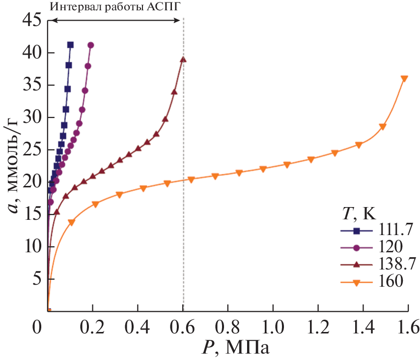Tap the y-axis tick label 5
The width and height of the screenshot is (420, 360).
point(36,279)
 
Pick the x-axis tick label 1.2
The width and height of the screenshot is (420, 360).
point(318,326)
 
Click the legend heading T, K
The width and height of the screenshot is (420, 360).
point(358,213)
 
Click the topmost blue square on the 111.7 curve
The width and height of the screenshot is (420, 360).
point(70,45)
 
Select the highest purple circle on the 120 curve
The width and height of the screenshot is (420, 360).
point(90,45)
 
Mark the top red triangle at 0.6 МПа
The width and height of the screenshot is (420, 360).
point(183,60)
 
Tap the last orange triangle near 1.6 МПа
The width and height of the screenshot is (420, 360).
point(404,79)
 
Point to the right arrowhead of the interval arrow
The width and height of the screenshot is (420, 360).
point(180,20)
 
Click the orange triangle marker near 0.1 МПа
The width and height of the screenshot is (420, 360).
point(71,222)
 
